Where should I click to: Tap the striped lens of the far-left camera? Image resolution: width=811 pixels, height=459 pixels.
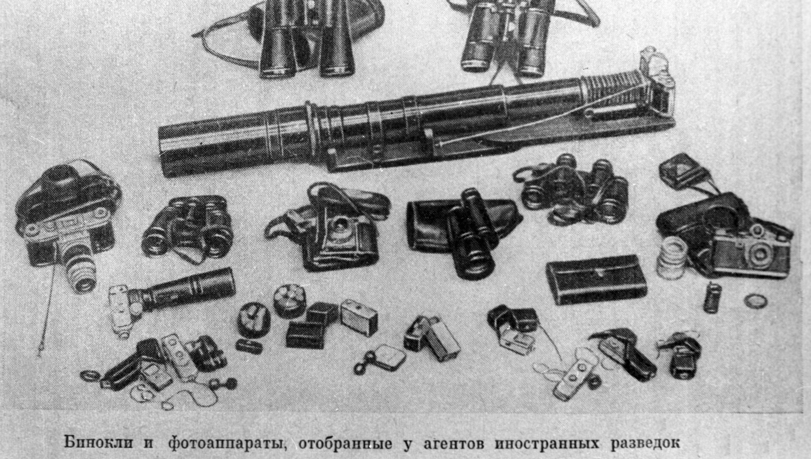point(82,268)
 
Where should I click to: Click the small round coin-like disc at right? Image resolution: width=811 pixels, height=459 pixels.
point(755,301)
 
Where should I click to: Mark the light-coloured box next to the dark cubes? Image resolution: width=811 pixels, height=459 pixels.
point(359,317)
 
